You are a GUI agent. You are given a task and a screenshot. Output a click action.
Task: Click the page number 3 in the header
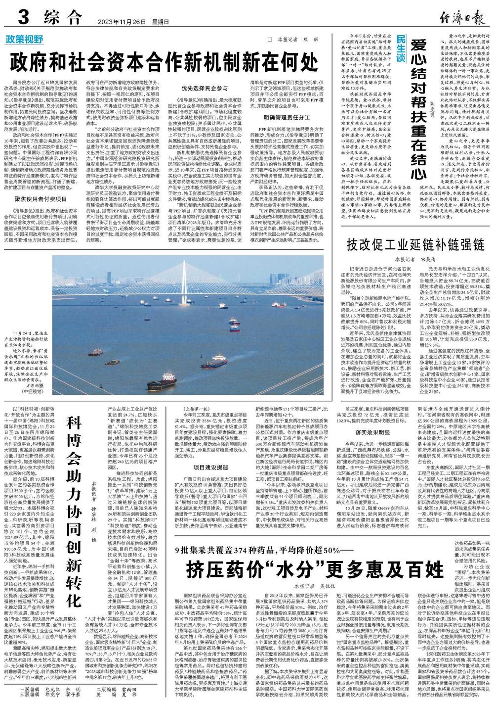pos(22,18)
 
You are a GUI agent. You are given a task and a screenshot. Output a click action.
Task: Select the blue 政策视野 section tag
pos(32,39)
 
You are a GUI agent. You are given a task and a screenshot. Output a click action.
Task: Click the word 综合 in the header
pos(61,19)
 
